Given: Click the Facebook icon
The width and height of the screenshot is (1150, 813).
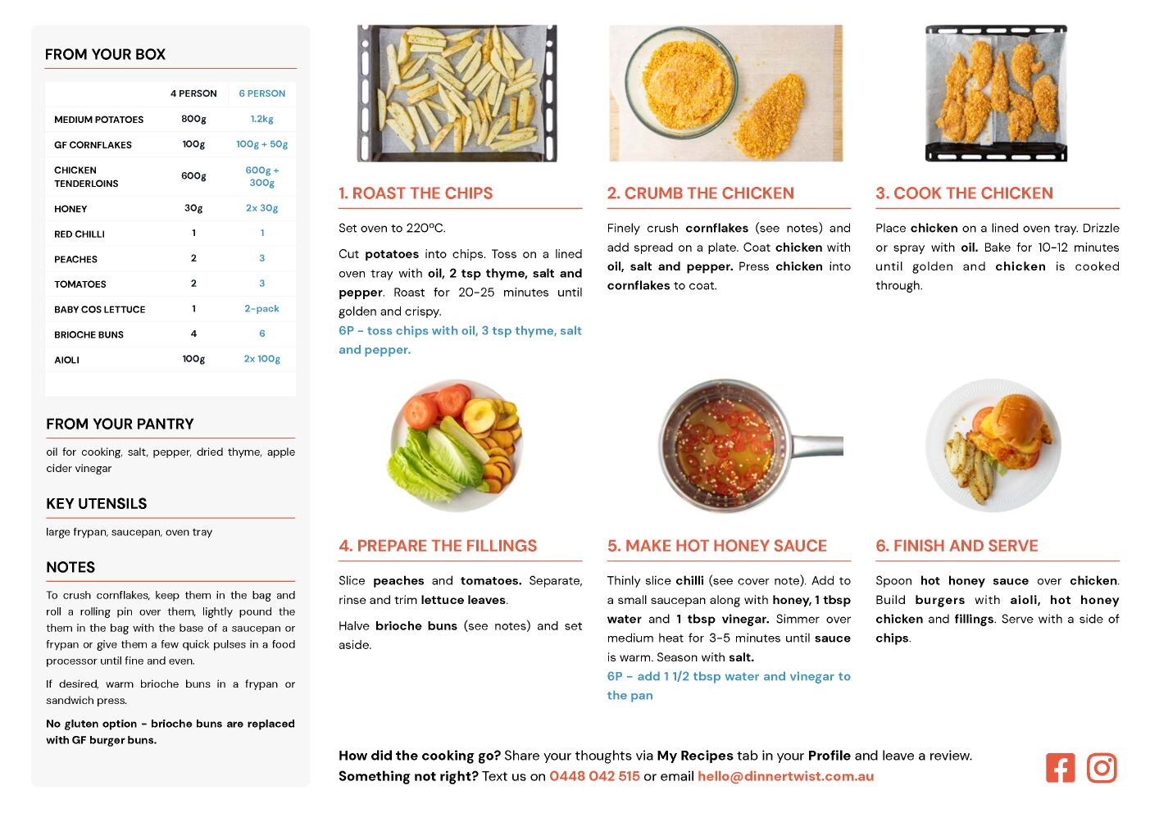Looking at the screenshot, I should (x=1060, y=768).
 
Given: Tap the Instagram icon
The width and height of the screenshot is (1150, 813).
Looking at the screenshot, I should (x=1102, y=768).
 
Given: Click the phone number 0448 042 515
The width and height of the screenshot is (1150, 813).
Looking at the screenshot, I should (x=594, y=776).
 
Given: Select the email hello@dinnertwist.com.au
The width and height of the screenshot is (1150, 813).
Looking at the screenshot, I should (x=785, y=776).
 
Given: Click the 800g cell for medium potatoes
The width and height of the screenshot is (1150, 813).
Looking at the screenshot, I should (x=193, y=119).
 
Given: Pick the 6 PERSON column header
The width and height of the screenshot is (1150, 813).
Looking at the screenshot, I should (x=262, y=93).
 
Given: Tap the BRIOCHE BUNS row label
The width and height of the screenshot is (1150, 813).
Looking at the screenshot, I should (x=89, y=334).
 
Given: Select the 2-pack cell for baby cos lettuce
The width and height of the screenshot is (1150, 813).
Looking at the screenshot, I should (x=261, y=309).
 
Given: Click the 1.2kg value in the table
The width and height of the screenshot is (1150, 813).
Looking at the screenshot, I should (x=261, y=119).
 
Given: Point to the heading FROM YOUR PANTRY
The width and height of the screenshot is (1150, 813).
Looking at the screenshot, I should (x=120, y=424).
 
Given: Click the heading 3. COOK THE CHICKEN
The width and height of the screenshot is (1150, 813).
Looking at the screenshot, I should (x=964, y=193).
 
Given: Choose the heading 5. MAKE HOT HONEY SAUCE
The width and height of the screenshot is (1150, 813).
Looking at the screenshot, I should (x=717, y=546).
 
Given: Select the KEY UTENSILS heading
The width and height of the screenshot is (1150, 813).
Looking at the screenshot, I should (x=97, y=503).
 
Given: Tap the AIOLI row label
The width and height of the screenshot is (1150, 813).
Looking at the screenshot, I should (x=67, y=360).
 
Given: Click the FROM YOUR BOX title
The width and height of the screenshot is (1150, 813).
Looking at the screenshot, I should (x=105, y=54).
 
